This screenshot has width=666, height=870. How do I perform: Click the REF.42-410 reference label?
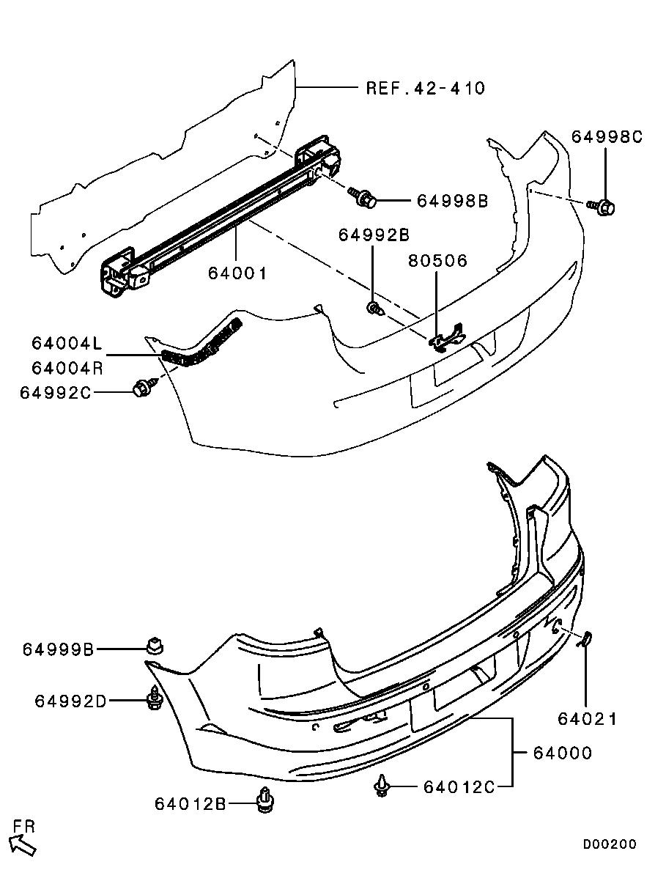point(425,88)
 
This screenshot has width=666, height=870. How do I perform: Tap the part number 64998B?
point(452,201)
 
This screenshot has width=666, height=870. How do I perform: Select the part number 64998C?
point(606,137)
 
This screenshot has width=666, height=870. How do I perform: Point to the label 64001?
point(237,273)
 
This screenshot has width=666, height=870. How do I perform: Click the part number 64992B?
point(373,235)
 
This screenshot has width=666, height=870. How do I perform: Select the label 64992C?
point(56,392)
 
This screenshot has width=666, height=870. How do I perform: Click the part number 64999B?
point(58,649)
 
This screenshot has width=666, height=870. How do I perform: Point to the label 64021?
point(587,720)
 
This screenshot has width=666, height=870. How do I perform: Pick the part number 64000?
point(562,753)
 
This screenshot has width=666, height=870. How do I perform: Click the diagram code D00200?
point(610,844)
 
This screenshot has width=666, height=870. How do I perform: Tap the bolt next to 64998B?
point(366,197)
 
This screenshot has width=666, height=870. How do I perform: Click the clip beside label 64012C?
point(382,786)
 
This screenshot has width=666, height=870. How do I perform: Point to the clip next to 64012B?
point(265,801)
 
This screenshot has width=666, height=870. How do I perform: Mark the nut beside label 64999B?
point(155,646)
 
